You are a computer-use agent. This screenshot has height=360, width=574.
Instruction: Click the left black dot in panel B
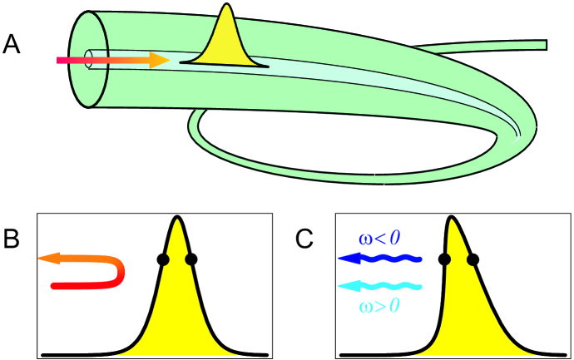coord(163,259)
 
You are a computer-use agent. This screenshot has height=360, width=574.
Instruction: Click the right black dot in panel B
coord(191,259)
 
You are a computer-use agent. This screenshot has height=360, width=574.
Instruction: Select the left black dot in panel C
coord(445,259)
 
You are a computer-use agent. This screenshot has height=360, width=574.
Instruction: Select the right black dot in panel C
coord(473,259)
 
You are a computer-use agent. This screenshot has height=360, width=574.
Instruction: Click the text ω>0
coord(379,306)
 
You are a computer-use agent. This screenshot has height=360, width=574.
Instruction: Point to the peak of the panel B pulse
coord(177,219)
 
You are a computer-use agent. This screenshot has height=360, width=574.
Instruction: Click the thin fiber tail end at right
coord(544,44)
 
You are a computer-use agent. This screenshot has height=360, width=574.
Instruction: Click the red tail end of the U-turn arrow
coord(56,286)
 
